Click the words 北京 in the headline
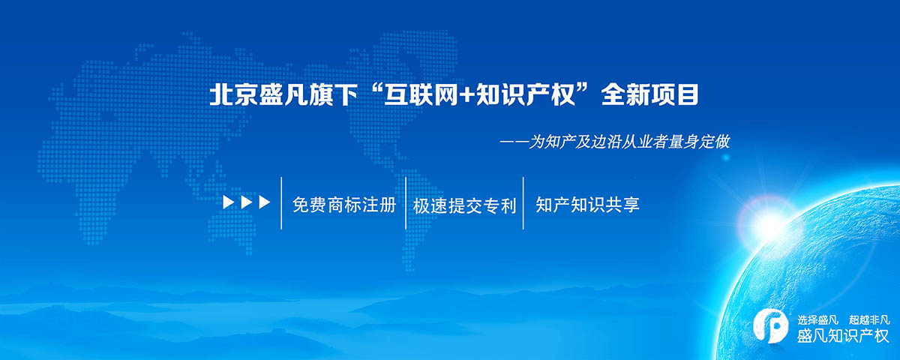tap(233, 95)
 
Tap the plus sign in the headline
tap(468, 96)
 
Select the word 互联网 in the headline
tap(421, 95)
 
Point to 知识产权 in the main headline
tap(526, 95)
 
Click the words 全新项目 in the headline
tap(650, 95)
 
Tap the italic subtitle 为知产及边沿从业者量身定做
tap(629, 142)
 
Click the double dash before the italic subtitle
tap(514, 142)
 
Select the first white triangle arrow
tap(229, 202)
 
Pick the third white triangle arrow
tap(264, 202)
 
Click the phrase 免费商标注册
tap(344, 205)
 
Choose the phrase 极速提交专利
tap(464, 205)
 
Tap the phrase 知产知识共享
tap(587, 205)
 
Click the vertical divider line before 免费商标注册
tap(281, 203)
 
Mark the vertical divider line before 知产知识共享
tap(523, 203)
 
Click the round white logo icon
tap(771, 326)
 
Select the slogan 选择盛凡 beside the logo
tap(817, 320)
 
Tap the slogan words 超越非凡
tap(869, 320)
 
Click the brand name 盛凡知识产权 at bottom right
tap(843, 336)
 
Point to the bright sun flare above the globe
tap(768, 222)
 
